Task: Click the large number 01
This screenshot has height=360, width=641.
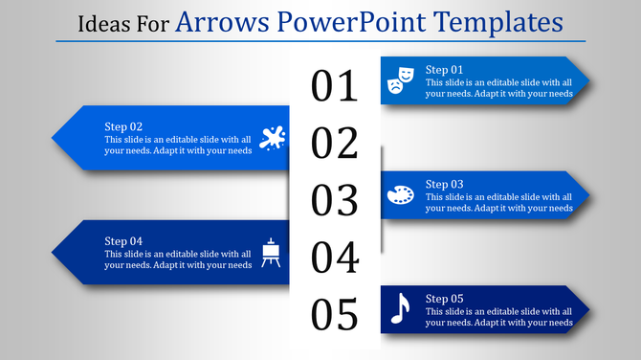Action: [335, 86]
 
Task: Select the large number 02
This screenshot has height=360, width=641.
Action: [335, 144]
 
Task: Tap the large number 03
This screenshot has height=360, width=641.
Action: [335, 200]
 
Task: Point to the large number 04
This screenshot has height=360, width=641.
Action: [335, 258]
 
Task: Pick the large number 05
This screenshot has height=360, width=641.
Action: [335, 314]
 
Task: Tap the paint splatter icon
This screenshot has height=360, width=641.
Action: [272, 138]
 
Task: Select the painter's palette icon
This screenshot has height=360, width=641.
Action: [400, 195]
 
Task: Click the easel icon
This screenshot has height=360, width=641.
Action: [272, 252]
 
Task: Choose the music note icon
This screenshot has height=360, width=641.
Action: [400, 308]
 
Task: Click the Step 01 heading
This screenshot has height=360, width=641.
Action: [444, 70]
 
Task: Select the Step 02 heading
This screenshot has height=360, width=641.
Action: [123, 126]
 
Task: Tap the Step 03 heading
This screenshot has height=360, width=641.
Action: [444, 184]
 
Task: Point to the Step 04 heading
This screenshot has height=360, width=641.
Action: [123, 240]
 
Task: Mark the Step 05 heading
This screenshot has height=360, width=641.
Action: [444, 298]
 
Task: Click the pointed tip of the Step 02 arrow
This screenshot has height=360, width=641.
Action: [54, 138]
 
